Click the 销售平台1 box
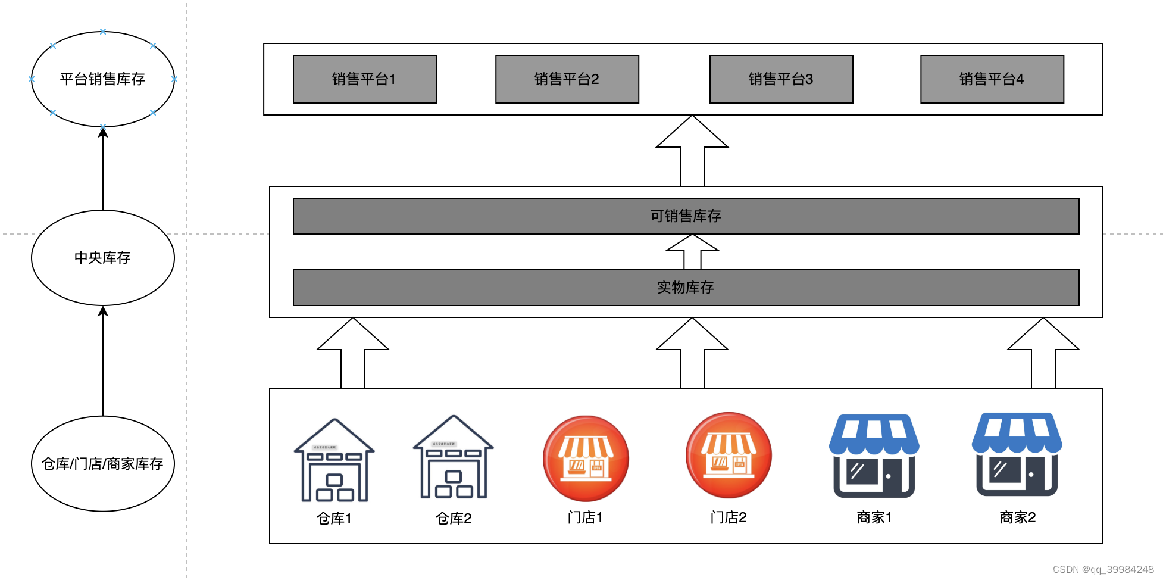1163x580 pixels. click(x=364, y=79)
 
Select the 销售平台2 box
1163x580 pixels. click(x=567, y=79)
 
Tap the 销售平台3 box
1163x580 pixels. click(x=781, y=79)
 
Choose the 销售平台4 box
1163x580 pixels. click(x=992, y=79)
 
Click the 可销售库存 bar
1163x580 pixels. click(x=686, y=216)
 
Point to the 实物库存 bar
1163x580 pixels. click(x=686, y=288)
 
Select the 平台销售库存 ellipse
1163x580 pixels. click(x=102, y=79)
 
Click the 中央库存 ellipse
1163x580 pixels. click(x=102, y=258)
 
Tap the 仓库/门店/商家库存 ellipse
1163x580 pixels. click(x=102, y=463)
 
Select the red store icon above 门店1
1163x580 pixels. click(x=586, y=459)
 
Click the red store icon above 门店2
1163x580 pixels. click(x=729, y=456)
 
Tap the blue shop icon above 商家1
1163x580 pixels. click(x=874, y=456)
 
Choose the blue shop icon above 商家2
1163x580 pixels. click(x=1017, y=454)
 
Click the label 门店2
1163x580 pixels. click(x=729, y=517)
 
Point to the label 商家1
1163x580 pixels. click(x=874, y=517)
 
